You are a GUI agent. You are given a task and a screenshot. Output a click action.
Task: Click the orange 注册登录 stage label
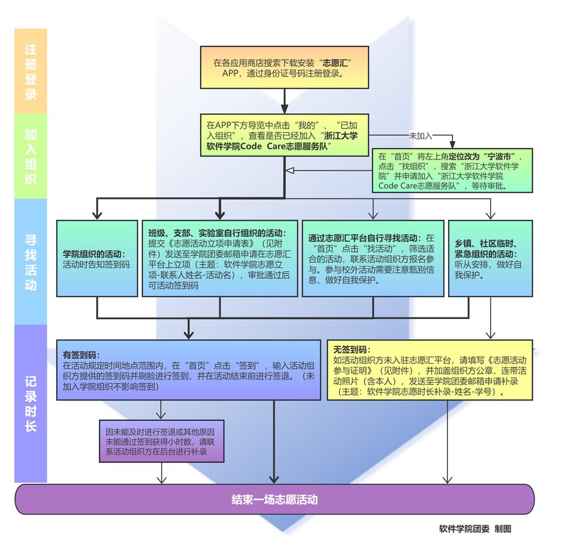30,70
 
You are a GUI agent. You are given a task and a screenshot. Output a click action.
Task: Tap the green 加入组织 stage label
30,157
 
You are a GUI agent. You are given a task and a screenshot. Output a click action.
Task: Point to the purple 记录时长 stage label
30,403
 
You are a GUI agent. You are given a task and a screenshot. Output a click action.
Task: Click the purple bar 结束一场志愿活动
275,500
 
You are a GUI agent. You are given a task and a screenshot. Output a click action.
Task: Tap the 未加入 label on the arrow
421,133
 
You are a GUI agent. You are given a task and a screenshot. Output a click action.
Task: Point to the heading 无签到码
350,349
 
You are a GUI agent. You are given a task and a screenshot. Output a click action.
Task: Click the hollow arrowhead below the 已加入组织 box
288,169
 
